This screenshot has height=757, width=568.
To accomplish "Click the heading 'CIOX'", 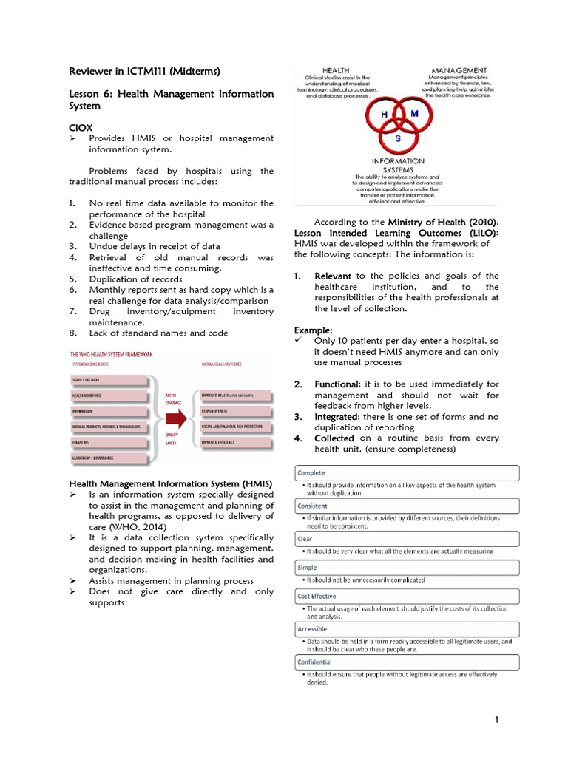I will click(81, 128).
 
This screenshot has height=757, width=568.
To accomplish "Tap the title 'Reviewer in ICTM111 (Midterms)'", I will click(144, 72).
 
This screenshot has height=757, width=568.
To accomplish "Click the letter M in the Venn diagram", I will click(414, 113).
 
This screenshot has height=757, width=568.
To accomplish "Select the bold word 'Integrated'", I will click(337, 417).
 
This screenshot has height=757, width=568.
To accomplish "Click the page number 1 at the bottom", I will click(498, 720).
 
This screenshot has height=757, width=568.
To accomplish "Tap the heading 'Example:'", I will click(314, 330).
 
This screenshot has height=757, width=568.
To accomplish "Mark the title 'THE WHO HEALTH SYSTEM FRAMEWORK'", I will click(112, 354).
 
